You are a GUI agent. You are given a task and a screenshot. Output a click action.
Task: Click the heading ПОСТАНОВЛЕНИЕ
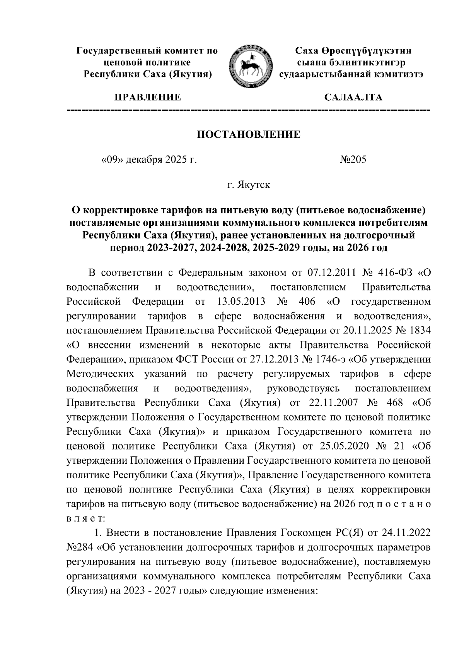point(249,135)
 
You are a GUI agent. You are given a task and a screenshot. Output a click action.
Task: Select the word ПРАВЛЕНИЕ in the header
point(147,97)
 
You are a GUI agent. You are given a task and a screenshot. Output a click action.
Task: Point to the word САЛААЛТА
point(353,97)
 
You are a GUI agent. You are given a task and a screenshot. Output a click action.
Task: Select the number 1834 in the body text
point(420,331)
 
